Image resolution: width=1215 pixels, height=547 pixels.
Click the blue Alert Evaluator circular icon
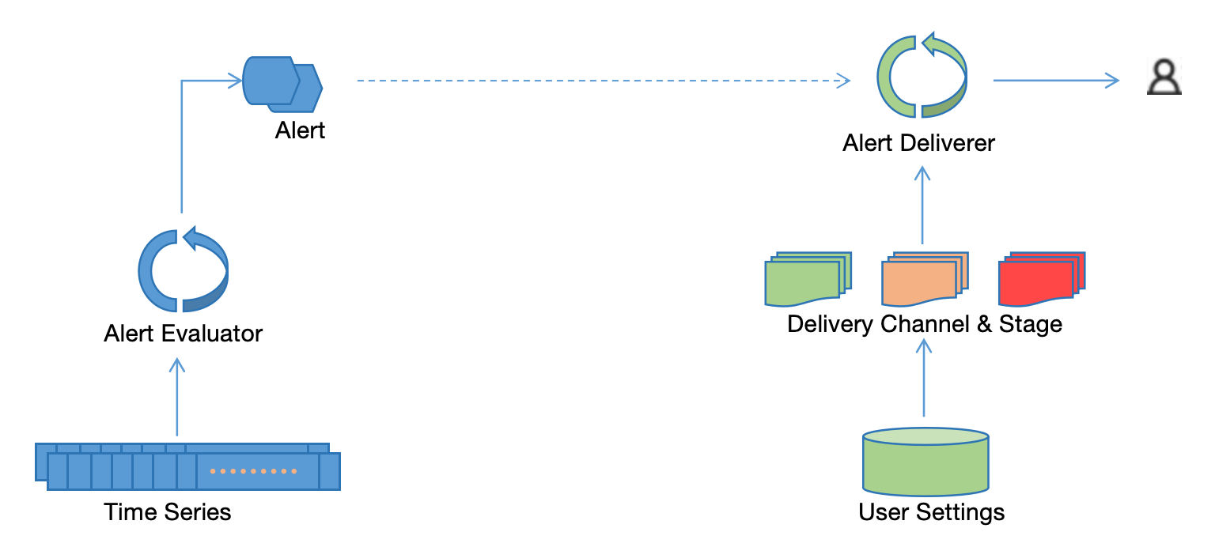pos(183,271)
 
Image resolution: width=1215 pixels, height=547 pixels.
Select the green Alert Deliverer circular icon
pos(922,77)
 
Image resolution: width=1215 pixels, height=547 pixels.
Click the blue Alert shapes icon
pos(282,82)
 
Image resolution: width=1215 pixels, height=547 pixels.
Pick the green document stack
pos(807,279)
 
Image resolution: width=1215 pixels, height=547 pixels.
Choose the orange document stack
pos(924,280)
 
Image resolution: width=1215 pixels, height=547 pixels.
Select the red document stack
pos(1041,279)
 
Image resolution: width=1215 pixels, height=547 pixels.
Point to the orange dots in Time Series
pos(253,471)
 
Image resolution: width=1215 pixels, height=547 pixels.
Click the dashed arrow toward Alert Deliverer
pos(601,81)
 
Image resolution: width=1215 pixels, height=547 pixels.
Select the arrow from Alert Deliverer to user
pos(1056,80)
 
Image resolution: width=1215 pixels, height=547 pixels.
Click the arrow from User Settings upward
pos(924,379)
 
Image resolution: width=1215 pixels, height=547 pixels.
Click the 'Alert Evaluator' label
pos(183,333)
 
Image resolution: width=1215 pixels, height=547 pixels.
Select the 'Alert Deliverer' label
pos(918,143)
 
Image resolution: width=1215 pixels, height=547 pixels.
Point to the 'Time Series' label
pos(168,512)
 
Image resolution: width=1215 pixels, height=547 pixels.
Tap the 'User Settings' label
pos(932,512)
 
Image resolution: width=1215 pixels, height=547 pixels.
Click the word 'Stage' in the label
pos(1030,324)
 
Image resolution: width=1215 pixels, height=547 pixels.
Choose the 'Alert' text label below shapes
pos(300,130)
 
